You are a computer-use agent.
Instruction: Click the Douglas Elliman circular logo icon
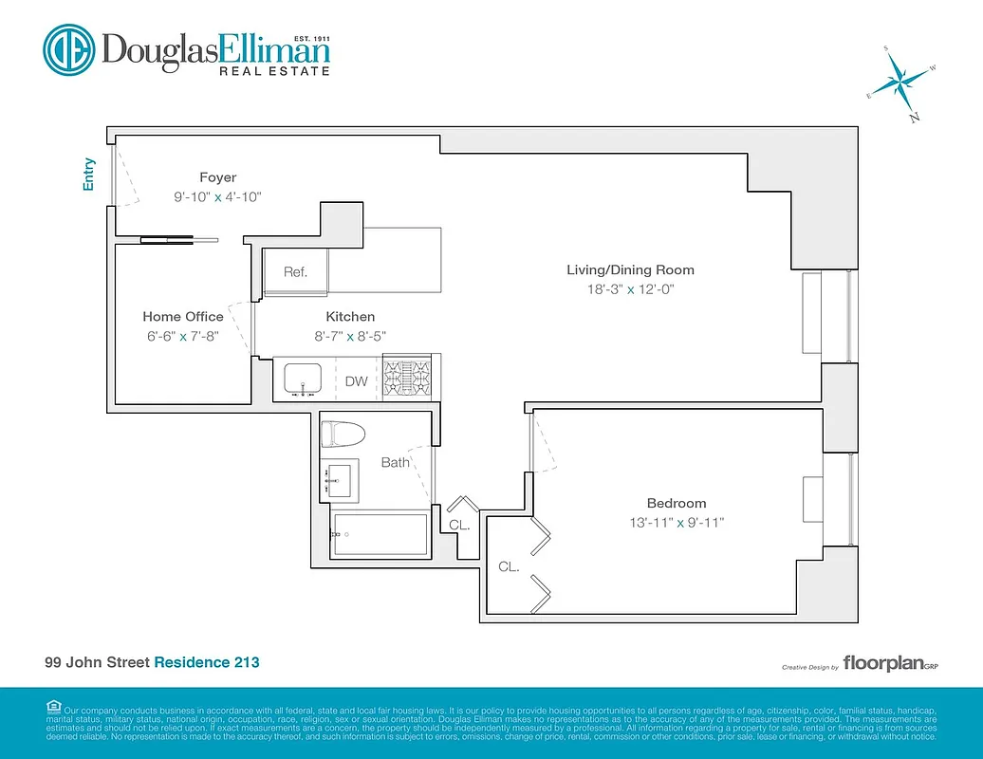(x=68, y=50)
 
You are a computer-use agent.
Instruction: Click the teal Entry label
(x=89, y=175)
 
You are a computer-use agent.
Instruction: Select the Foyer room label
(x=217, y=177)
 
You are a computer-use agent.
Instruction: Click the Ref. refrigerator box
(x=295, y=271)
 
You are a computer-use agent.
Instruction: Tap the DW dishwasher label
(x=356, y=381)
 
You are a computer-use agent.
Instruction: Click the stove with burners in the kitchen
(x=408, y=377)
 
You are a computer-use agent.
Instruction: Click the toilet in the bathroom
(x=343, y=435)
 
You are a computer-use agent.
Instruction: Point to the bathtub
(x=380, y=535)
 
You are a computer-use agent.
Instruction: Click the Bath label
(x=395, y=463)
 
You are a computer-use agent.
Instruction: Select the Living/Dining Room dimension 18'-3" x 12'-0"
(x=630, y=289)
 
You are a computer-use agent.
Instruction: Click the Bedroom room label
(x=677, y=503)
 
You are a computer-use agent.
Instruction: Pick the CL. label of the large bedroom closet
(x=509, y=566)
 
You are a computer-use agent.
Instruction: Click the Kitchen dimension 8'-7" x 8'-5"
(x=350, y=336)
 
